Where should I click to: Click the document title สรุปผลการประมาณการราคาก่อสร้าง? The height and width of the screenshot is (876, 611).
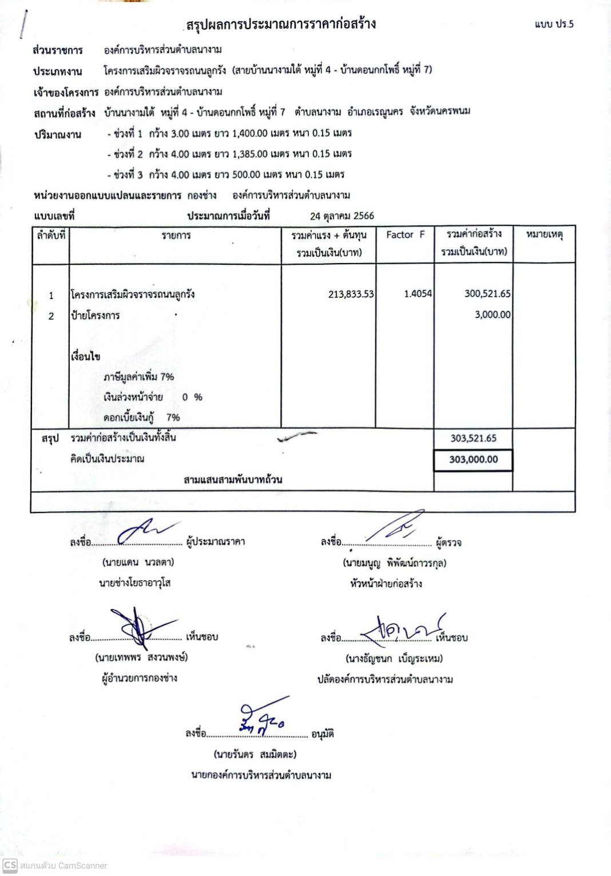280,24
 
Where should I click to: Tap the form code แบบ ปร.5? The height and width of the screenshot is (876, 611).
554,24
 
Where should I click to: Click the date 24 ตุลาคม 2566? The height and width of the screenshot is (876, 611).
342,216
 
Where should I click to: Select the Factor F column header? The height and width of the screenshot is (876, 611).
405,234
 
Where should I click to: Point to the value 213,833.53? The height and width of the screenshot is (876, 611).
351,294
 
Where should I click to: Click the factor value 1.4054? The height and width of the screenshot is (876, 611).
418,294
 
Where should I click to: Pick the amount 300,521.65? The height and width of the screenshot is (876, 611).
487,293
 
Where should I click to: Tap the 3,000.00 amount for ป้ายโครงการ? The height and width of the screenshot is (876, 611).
493,314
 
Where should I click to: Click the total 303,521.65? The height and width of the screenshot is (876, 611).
473,439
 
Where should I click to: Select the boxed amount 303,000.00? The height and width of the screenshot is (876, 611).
473,459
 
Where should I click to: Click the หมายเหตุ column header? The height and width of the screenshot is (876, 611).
544,234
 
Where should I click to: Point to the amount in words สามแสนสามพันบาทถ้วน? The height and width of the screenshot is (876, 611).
233,479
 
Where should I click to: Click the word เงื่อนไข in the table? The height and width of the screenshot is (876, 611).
86,356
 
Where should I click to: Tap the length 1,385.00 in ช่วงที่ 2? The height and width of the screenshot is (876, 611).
250,154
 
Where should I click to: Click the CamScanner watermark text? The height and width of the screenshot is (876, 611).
63,866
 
